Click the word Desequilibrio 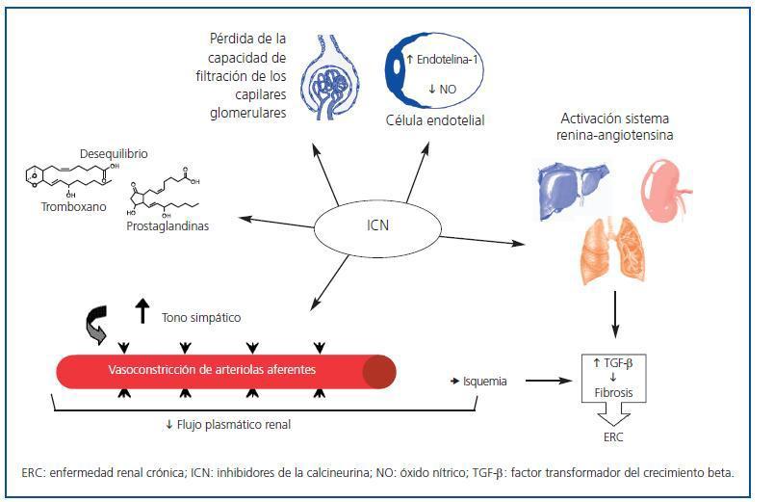118,152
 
